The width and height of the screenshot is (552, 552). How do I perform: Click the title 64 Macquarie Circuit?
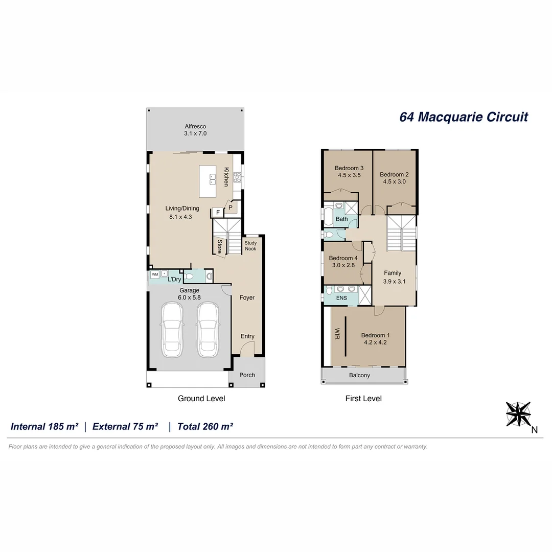pos(463,117)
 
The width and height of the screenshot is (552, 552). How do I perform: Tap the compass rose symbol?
pos(518,413)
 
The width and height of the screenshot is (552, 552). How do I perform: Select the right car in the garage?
pos(208,330)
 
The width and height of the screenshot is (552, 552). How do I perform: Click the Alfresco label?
pos(195,126)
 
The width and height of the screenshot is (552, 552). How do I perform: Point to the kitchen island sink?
pos(212,179)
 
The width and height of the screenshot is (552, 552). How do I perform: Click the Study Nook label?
pos(250,246)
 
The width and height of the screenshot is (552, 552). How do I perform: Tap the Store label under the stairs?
pos(219,247)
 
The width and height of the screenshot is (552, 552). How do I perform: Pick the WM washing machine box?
pos(154,274)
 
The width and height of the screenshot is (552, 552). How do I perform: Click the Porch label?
pos(247,375)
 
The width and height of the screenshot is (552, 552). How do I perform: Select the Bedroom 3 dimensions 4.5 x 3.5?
pos(349,175)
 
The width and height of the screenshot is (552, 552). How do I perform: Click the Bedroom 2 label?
pos(394,174)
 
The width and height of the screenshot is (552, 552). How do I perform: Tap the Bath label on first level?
pos(341,219)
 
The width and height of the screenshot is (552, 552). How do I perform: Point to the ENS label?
pos(341,298)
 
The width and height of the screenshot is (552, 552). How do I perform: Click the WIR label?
pos(337,334)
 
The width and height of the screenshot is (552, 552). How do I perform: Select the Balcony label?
pos(359,375)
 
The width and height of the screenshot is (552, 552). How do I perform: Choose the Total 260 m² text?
pos(205,426)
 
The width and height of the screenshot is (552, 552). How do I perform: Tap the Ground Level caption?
pos(201,398)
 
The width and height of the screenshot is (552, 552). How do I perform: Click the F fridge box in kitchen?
pos(217,212)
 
